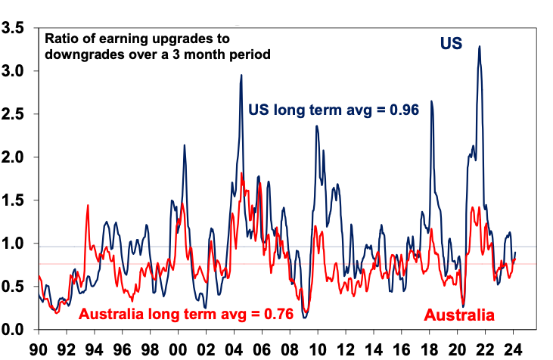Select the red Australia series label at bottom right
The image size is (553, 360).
coord(458,315)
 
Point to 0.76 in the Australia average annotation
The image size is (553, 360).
coord(275,314)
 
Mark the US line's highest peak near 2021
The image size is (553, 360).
coord(479,47)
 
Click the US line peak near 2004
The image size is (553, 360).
coord(241,75)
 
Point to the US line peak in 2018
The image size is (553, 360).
coord(431,101)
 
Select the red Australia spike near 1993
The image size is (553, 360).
coord(89,205)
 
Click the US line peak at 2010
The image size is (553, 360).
coord(316,126)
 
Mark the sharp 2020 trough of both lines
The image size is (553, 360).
coord(462,305)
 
